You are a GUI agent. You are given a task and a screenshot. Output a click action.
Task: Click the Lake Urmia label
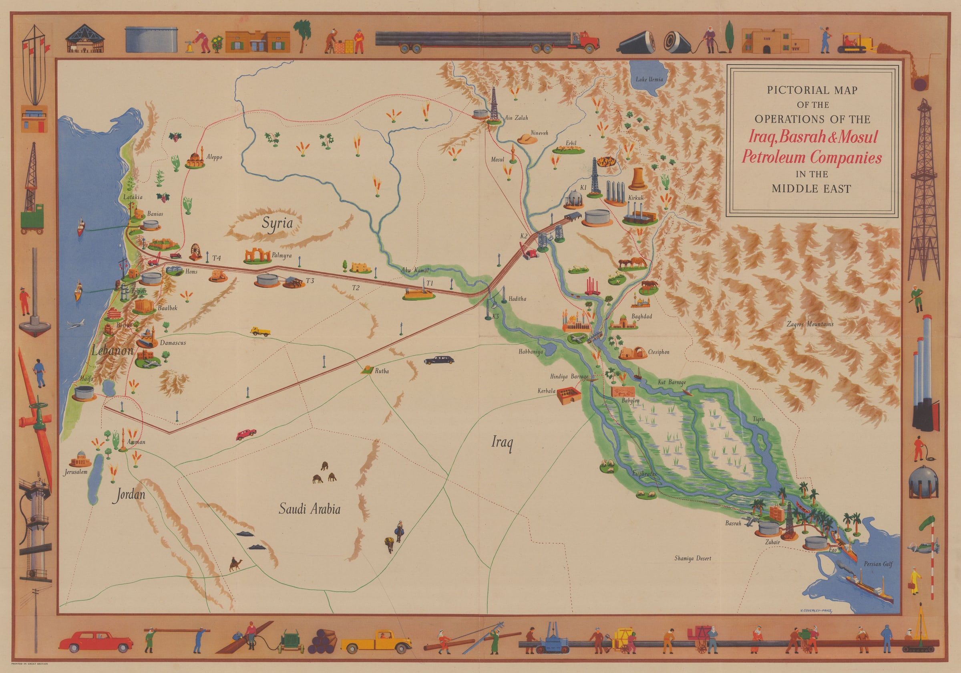[x=649, y=80]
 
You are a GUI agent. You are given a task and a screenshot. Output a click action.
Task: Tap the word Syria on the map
[x=277, y=223]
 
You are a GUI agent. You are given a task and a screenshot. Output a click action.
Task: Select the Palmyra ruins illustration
[x=257, y=256]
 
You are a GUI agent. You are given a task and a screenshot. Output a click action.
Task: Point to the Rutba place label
[x=381, y=371]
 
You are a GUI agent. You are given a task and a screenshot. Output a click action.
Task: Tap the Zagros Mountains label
[x=810, y=324]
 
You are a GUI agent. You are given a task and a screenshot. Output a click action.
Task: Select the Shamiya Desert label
[x=692, y=558]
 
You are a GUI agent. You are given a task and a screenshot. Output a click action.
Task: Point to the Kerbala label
[x=546, y=391]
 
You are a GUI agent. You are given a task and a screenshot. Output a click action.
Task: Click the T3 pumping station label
[x=310, y=281]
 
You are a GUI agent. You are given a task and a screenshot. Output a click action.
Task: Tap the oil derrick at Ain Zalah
[x=494, y=104]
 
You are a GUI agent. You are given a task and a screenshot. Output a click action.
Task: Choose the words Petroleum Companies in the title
[x=812, y=158]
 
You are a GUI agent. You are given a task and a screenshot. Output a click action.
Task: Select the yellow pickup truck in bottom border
[x=376, y=642]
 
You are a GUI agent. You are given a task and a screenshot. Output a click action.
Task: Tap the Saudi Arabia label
[x=309, y=509]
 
